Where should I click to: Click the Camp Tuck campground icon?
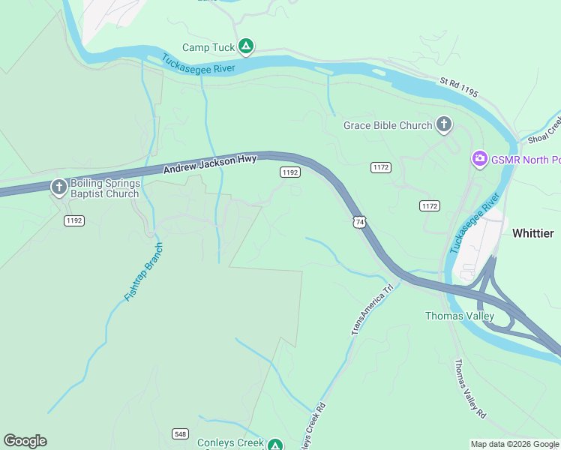tap(245, 47)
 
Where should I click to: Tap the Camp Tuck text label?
tap(208, 48)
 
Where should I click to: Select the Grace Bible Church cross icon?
tap(444, 125)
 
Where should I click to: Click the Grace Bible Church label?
tap(388, 126)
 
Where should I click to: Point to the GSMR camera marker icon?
tap(479, 159)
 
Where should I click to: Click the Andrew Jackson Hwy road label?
tap(210, 165)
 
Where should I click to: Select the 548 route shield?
tap(180, 433)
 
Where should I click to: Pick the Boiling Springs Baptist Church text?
tap(105, 188)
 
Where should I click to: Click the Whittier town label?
tap(532, 233)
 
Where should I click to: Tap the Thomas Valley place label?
tap(460, 316)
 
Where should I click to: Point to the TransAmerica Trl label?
tap(372, 309)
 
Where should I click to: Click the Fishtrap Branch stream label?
tap(142, 272)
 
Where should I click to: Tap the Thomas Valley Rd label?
tap(470, 388)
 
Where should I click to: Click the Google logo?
tap(25, 441)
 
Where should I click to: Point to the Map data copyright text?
tap(514, 444)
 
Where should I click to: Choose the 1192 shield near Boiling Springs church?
tap(73, 220)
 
